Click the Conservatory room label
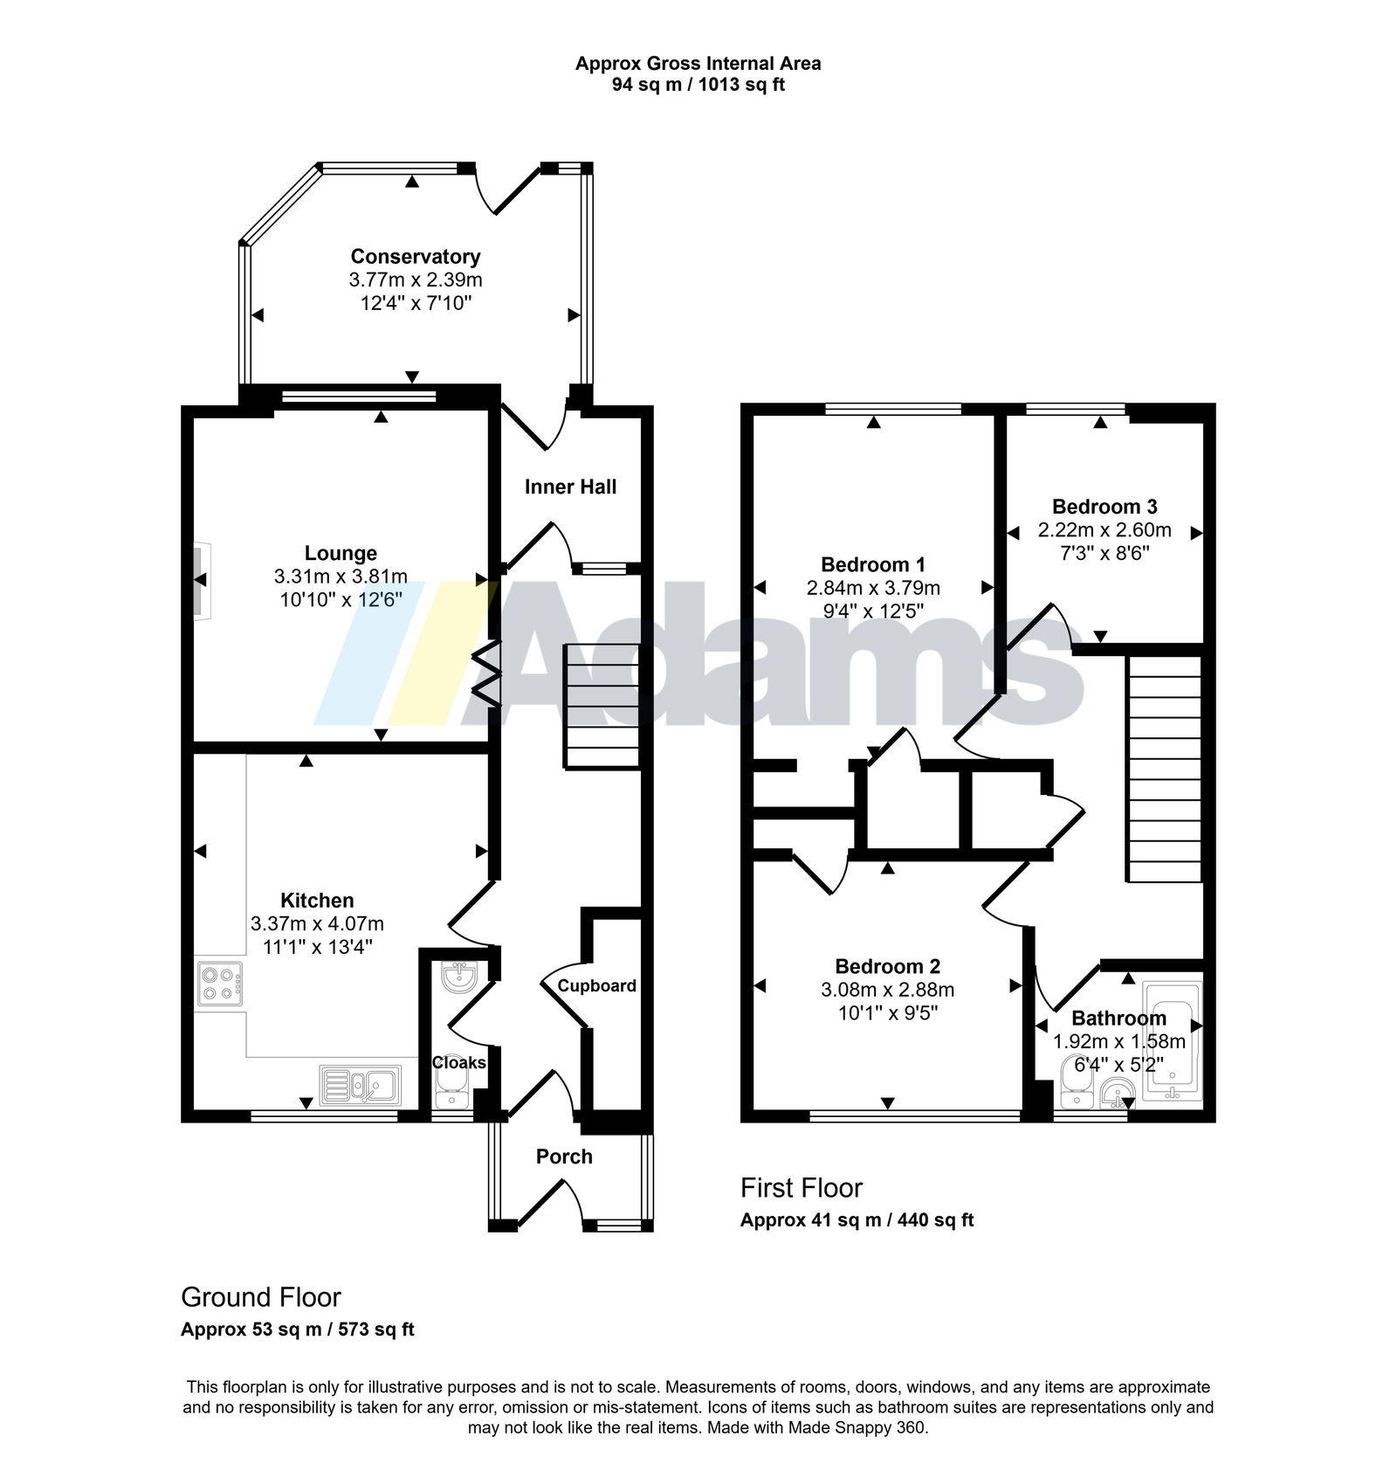click(x=416, y=257)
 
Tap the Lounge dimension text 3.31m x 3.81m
click(x=341, y=577)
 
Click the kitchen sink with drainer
click(x=360, y=1086)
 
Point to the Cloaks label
click(x=459, y=1062)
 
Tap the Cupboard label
click(x=597, y=985)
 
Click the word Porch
click(x=564, y=1157)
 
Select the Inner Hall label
click(x=570, y=487)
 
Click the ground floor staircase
click(x=602, y=706)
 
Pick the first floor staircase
click(x=1166, y=769)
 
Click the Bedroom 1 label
click(x=873, y=564)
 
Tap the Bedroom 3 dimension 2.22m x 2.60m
click(x=1105, y=530)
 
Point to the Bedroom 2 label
click(x=888, y=966)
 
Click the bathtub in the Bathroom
click(x=1173, y=1039)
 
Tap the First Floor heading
click(x=802, y=1188)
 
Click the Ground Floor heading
click(x=261, y=1297)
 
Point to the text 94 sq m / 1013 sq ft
click(x=698, y=86)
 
